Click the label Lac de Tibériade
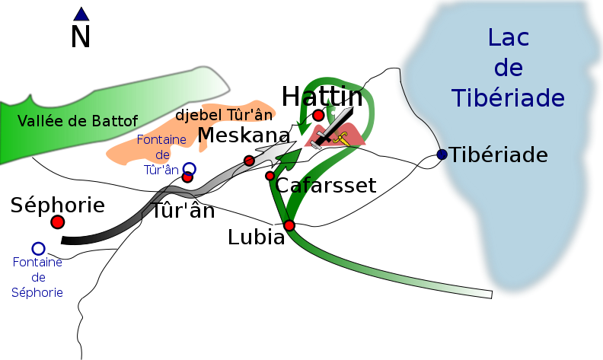[508, 68]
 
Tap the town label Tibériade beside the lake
[498, 155]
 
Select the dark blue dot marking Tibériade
[442, 155]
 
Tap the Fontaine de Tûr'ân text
[161, 155]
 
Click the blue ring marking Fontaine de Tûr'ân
[189, 168]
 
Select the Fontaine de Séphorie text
[37, 277]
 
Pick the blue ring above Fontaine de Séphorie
[38, 248]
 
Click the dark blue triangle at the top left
[81, 14]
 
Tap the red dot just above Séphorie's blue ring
[57, 221]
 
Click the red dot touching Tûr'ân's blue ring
[187, 177]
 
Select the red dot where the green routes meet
[289, 225]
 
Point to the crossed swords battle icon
[332, 127]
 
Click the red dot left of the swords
[318, 115]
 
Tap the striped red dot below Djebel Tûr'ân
[249, 160]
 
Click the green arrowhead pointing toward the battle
[286, 158]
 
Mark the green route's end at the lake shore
[488, 293]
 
